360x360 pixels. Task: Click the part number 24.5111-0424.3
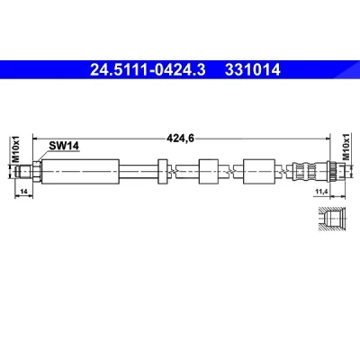(x=148, y=70)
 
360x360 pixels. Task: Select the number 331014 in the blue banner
(x=253, y=70)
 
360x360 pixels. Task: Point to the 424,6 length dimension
(x=180, y=139)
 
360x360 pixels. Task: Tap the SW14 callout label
(x=64, y=146)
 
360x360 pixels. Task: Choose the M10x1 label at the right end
(x=346, y=147)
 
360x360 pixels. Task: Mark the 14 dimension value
(x=23, y=191)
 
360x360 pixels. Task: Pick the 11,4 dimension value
(x=320, y=191)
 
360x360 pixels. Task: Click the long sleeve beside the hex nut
(x=80, y=172)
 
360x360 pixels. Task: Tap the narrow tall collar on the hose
(x=163, y=172)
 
